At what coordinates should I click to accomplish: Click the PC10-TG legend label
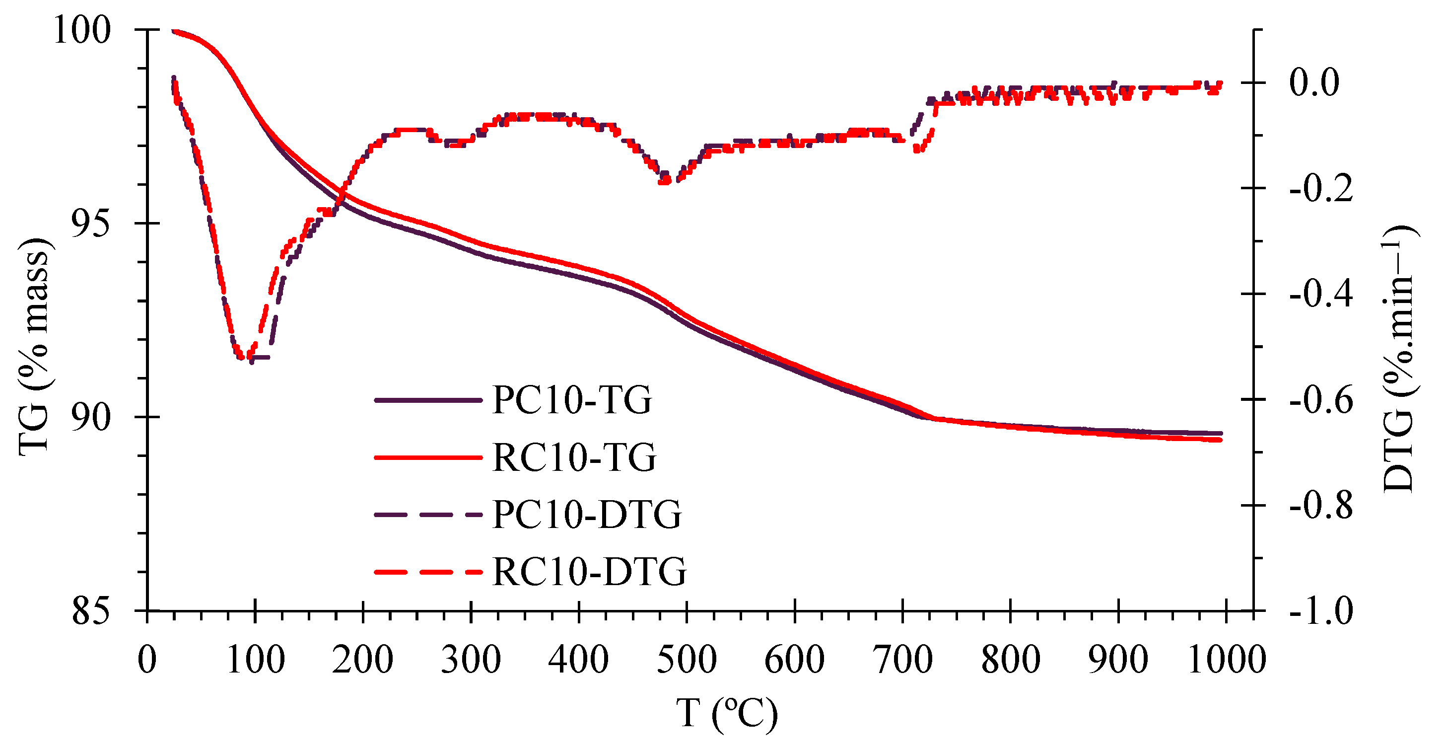[572, 400]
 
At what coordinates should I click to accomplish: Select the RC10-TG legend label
[574, 457]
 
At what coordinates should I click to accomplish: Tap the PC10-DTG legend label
[587, 515]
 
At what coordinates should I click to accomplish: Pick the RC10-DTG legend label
[589, 572]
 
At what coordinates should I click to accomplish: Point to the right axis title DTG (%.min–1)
[1400, 358]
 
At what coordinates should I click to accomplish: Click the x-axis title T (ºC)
[727, 714]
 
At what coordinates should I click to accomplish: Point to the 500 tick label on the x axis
[687, 660]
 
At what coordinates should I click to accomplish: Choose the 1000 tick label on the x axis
[1227, 660]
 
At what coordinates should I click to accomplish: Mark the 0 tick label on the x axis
[147, 660]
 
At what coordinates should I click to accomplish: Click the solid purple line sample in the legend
[428, 400]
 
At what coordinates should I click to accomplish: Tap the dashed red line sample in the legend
[428, 572]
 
